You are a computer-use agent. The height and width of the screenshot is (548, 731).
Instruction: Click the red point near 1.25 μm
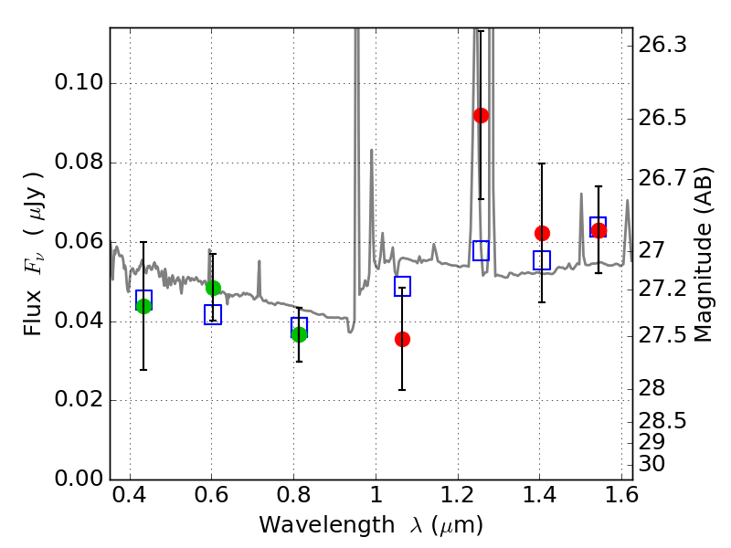(x=481, y=115)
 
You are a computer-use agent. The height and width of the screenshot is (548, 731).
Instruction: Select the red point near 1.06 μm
(x=402, y=339)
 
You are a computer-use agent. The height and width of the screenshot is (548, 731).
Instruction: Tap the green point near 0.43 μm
(x=143, y=306)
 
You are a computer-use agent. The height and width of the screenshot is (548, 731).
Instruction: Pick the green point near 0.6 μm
(x=213, y=288)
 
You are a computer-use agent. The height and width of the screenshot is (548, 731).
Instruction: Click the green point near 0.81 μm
(x=299, y=334)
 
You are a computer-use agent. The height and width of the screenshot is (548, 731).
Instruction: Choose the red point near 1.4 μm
(x=542, y=233)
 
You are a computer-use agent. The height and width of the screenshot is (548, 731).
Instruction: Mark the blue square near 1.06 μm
(x=402, y=286)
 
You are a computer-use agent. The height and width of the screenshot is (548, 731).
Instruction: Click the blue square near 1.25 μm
(x=481, y=250)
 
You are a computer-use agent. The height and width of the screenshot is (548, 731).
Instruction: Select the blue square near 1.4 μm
(x=542, y=260)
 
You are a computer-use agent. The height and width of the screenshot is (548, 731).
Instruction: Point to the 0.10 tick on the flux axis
(x=79, y=84)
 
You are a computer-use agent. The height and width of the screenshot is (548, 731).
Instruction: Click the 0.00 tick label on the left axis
(x=79, y=479)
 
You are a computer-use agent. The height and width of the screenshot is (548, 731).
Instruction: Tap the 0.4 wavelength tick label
(x=130, y=501)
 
